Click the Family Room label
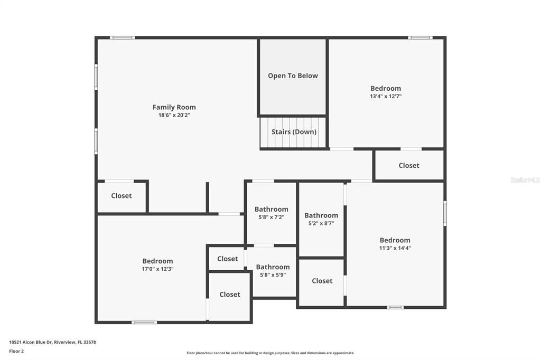point(174,107)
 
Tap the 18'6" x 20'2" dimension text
point(174,115)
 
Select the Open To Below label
point(293,75)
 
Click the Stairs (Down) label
point(294,132)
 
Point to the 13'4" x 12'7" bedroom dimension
point(385,97)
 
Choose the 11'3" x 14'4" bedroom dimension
point(395,248)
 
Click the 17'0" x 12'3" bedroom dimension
point(157,269)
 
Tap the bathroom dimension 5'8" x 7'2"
point(272,217)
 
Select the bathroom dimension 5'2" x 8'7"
point(321,223)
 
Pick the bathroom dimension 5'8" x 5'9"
point(273,275)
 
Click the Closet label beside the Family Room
point(121,196)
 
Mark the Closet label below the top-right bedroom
point(408,166)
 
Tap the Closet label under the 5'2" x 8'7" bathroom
point(322,281)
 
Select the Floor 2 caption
point(16,351)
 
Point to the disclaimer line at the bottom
point(270,353)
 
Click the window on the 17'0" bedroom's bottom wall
point(144,322)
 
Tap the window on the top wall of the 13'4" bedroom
point(420,37)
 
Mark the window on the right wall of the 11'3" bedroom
point(445,213)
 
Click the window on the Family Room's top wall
point(122,37)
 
